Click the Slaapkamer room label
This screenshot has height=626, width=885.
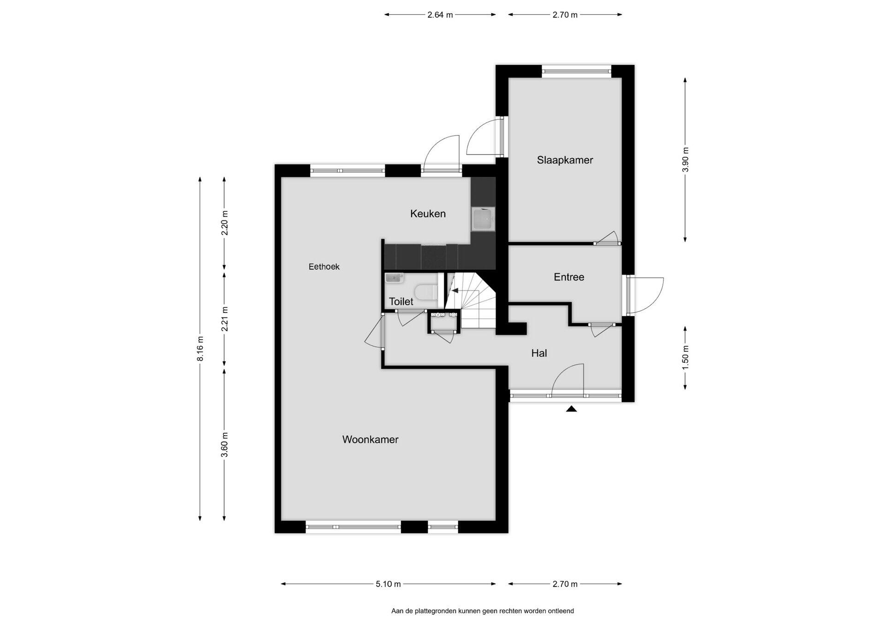565,160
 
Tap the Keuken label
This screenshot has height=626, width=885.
428,213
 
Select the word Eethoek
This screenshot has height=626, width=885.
324,266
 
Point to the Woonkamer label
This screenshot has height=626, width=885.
370,439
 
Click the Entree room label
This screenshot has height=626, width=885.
569,277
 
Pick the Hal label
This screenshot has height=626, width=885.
539,353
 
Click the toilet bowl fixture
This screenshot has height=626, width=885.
426,292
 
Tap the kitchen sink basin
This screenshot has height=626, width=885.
483,219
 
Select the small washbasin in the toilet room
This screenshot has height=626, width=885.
394,278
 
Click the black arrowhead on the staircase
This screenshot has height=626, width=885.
455,290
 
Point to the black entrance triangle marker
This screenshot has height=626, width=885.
572,408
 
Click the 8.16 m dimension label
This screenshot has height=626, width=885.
200,349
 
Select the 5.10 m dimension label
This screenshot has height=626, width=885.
388,584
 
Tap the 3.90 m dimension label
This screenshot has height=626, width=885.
685,159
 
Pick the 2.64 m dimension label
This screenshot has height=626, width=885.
440,15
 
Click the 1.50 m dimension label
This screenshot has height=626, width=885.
685,357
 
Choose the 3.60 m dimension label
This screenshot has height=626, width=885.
224,444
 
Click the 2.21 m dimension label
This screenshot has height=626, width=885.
224,319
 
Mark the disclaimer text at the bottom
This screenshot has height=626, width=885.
483,611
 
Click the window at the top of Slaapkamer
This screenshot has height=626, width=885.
576,71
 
